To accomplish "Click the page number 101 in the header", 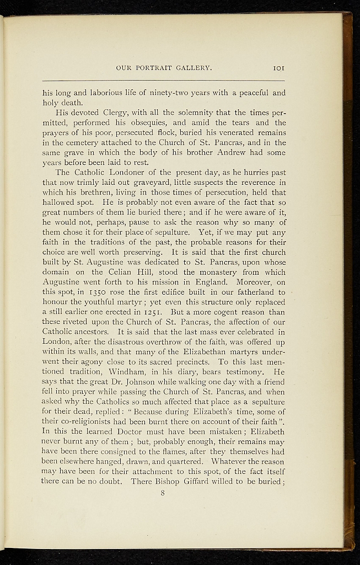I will coord(278,68).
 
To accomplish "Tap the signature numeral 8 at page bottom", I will coord(163,493).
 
